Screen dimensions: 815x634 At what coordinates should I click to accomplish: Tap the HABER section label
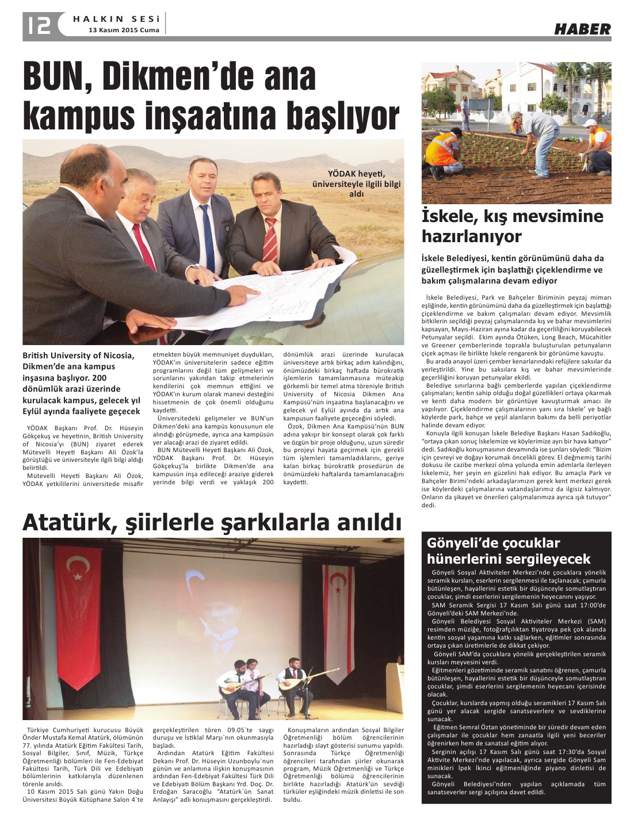(x=582, y=29)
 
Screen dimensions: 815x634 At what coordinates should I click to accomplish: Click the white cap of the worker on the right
(x=589, y=123)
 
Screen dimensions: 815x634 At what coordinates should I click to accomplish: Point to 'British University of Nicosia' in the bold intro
(x=78, y=355)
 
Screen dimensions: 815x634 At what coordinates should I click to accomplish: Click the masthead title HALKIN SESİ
(x=116, y=19)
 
